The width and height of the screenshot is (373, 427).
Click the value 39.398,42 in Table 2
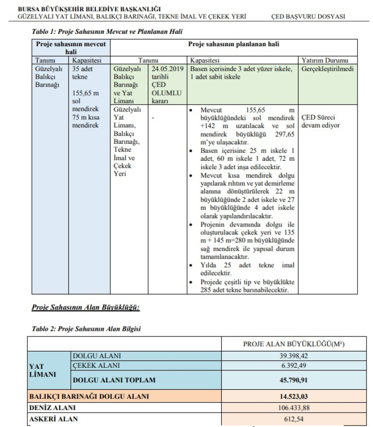pyautogui.click(x=293, y=356)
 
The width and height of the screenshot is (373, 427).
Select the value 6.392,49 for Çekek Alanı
pyautogui.click(x=293, y=365)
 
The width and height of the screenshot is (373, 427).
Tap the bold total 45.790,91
pyautogui.click(x=293, y=380)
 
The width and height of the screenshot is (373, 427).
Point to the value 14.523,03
pyautogui.click(x=293, y=397)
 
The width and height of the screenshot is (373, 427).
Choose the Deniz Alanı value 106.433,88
pyautogui.click(x=293, y=408)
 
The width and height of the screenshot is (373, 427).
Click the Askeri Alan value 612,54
pyautogui.click(x=293, y=419)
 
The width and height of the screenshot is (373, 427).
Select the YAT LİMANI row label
pyautogui.click(x=42, y=370)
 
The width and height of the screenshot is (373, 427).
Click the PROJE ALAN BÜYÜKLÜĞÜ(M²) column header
pyautogui.click(x=293, y=344)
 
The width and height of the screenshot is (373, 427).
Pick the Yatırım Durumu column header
pyautogui.click(x=328, y=60)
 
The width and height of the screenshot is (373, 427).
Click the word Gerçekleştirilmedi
pyautogui.click(x=328, y=68)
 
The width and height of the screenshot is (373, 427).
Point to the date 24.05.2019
pyautogui.click(x=167, y=68)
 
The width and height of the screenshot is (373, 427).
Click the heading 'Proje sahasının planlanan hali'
pyautogui.click(x=233, y=44)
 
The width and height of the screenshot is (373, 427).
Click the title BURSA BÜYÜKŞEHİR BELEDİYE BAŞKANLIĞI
pyautogui.click(x=89, y=9)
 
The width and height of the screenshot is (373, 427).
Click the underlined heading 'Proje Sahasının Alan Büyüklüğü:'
pyautogui.click(x=85, y=307)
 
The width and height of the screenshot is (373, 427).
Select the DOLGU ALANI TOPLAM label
pyautogui.click(x=114, y=380)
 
